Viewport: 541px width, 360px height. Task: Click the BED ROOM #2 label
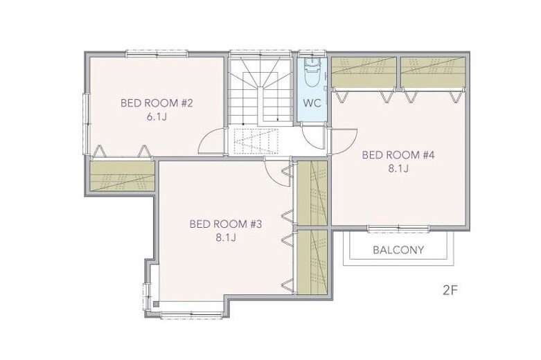coord(157,103)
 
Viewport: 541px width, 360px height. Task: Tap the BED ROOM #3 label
coord(226,224)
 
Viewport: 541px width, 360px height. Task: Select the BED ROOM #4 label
coord(398,155)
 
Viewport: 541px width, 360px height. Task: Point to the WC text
coord(312,102)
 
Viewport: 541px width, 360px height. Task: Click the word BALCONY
coord(398,250)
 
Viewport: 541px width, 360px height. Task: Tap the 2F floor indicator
coord(450,290)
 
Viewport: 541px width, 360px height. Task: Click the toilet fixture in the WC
coord(313,73)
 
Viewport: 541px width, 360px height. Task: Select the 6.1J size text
coord(157,117)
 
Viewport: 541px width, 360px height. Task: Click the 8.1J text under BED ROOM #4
coord(398,169)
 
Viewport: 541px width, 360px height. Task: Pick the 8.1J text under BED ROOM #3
coord(226,237)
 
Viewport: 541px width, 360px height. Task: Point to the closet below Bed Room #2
coord(123,176)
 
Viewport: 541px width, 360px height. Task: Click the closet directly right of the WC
coord(364,73)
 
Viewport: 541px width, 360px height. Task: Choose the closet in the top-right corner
coord(433,73)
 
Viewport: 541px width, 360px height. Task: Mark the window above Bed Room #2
coord(157,54)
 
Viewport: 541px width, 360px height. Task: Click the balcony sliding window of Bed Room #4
coord(398,228)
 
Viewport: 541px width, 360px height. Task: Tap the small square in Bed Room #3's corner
coord(156,304)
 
